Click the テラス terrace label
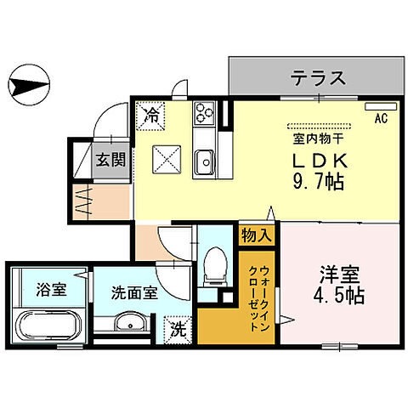(x=319, y=79)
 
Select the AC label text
(x=381, y=120)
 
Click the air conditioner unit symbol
(x=377, y=108)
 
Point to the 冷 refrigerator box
(x=152, y=112)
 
